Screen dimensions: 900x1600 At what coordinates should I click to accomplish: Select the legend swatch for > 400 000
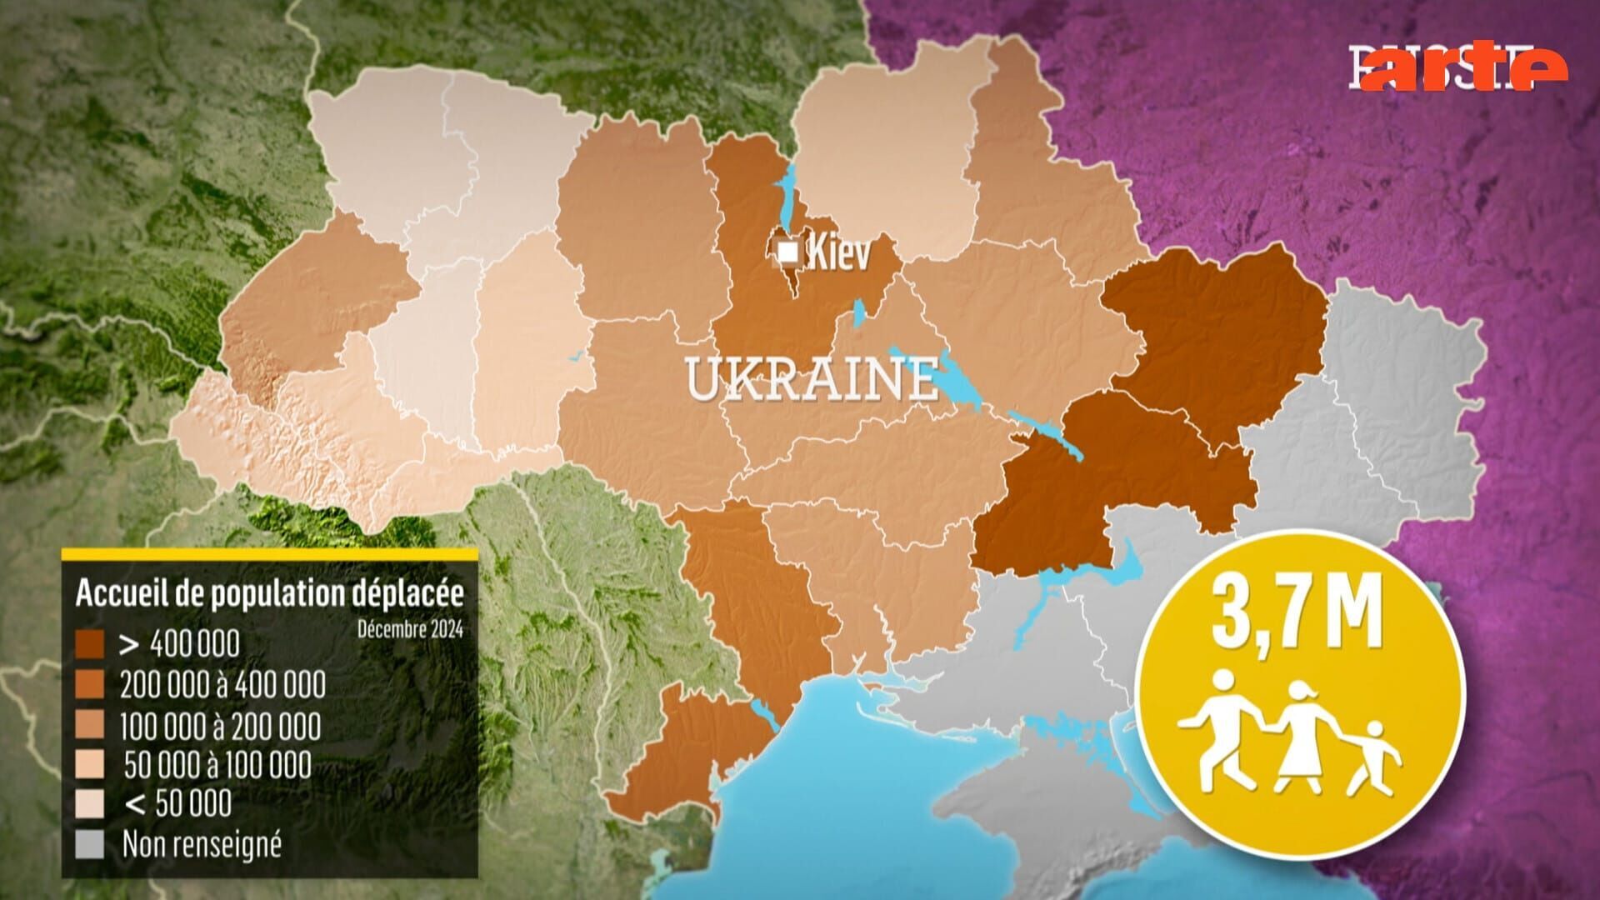(x=90, y=644)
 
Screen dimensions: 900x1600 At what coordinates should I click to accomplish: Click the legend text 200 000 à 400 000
(x=222, y=685)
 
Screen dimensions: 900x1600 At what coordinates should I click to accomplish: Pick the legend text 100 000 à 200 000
(x=220, y=726)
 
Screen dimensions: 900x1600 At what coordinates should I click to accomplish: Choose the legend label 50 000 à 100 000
(x=217, y=765)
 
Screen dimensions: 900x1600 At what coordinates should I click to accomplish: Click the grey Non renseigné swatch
(x=90, y=845)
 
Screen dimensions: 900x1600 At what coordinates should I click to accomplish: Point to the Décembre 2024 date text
(x=410, y=627)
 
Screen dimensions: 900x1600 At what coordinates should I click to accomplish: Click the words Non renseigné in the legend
(x=202, y=845)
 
